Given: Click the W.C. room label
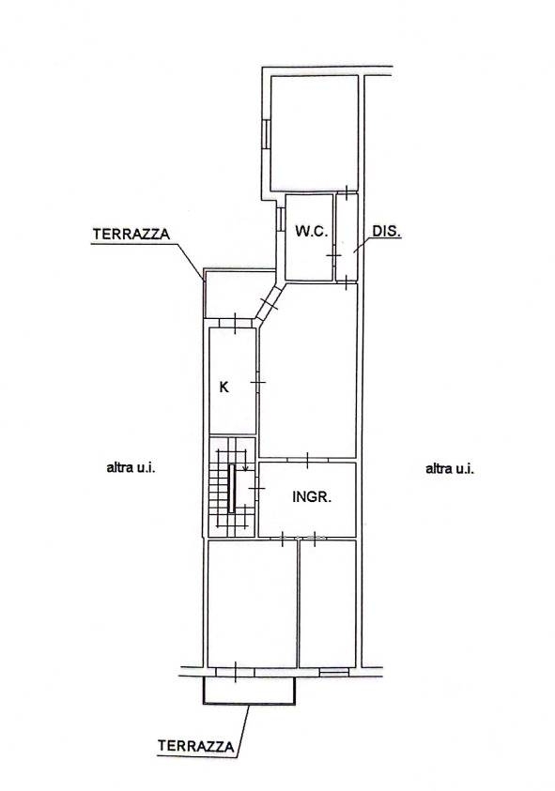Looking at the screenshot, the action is [312, 232].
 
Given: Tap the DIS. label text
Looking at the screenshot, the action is [386, 231].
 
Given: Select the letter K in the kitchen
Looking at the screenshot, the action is [224, 387].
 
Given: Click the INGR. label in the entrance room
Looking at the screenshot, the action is [312, 497].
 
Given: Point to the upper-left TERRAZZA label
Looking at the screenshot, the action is [131, 235].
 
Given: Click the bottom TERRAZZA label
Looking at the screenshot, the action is [196, 746].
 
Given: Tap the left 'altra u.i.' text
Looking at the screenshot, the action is [131, 467].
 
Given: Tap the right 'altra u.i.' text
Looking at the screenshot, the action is [450, 468].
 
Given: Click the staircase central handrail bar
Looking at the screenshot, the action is [231, 489].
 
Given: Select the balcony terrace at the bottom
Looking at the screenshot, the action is [249, 691].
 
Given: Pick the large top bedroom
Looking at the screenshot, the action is [315, 133].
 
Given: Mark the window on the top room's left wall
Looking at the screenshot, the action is [265, 134].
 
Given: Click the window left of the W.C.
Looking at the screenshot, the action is [279, 220].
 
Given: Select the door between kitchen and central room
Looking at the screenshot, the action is [257, 384].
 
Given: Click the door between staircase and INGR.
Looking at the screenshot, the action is [256, 489].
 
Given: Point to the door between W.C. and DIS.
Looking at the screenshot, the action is [334, 256].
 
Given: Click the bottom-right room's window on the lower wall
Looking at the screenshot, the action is [333, 672].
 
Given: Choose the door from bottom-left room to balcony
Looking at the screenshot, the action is [236, 672].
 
